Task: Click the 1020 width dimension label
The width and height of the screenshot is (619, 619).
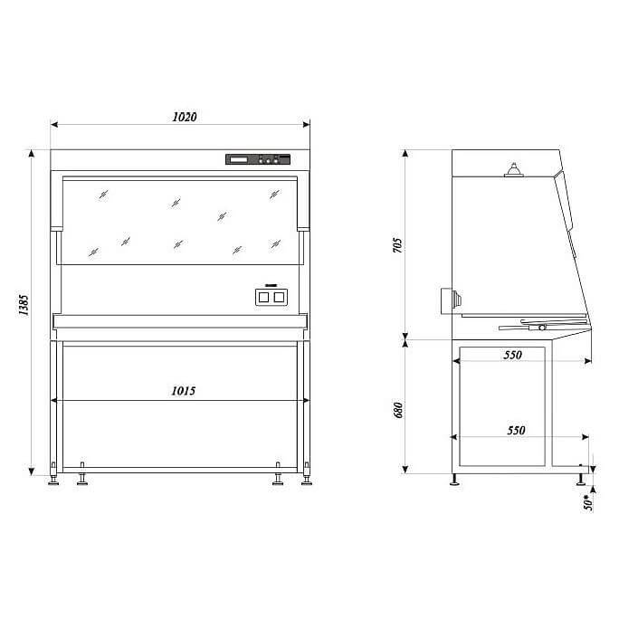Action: tap(185, 117)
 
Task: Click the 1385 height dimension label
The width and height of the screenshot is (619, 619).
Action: tap(24, 305)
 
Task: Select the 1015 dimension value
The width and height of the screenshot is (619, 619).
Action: tap(183, 391)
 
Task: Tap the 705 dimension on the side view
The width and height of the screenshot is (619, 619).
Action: tap(398, 245)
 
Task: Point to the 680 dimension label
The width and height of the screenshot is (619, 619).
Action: tap(398, 410)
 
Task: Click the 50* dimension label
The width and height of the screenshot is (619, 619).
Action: tap(588, 502)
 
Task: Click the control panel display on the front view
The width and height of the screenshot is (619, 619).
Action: tap(238, 159)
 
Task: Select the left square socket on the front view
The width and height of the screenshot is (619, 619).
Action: tap(263, 297)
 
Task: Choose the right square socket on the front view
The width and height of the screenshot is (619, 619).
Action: tap(279, 297)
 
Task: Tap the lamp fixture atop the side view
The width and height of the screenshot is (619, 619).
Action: tap(514, 170)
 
